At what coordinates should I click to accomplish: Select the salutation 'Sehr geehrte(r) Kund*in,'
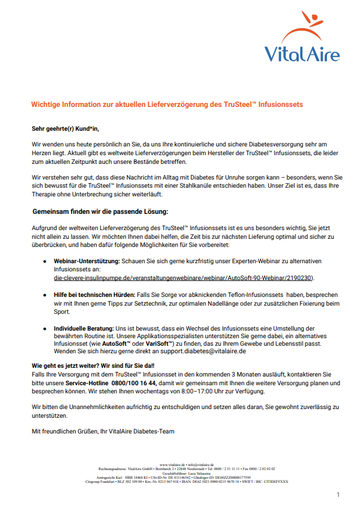[69, 128]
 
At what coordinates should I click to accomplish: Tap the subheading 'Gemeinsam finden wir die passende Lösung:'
[100, 212]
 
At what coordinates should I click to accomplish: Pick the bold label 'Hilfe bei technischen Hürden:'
[94, 296]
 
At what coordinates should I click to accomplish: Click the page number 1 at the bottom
[337, 494]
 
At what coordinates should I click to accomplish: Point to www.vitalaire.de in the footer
[173, 465]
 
